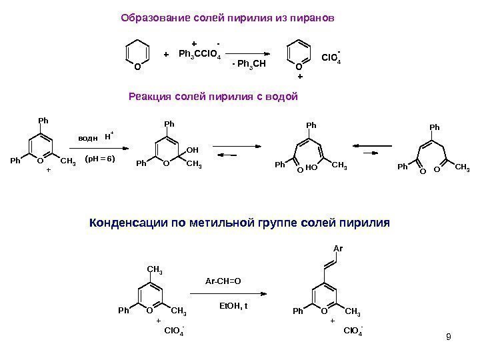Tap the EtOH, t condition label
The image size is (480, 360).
233,305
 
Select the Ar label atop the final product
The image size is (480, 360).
337,248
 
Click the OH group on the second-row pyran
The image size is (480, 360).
193,151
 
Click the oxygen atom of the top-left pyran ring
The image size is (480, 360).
136,67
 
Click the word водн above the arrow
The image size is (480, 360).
88,137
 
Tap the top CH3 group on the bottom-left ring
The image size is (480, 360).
155,270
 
